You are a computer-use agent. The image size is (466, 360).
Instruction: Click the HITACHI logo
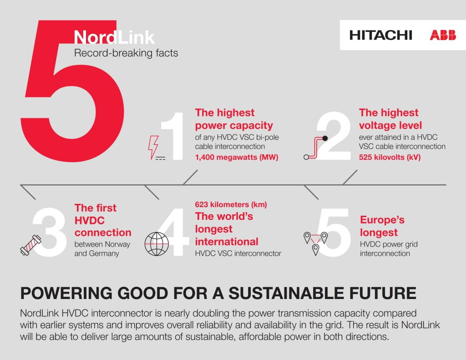[381, 35]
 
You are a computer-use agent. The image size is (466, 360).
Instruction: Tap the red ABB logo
[443, 35]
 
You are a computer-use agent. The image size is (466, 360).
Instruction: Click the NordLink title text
[114, 37]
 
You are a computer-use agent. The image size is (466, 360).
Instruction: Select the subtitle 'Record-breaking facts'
[126, 53]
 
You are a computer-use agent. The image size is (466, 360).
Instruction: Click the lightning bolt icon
[153, 147]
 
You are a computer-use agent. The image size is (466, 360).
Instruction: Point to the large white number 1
[173, 137]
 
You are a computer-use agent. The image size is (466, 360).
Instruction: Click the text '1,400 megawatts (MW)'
[237, 157]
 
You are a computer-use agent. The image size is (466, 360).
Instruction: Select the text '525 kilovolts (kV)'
[390, 157]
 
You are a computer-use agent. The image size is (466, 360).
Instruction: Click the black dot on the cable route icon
[325, 138]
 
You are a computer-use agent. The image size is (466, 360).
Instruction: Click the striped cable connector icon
[30, 245]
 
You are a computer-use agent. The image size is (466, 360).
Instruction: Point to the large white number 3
[50, 232]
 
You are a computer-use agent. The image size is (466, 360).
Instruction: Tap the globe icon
[157, 244]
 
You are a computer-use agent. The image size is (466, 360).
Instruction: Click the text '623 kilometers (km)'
[231, 204]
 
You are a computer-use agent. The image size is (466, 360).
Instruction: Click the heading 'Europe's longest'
[382, 226]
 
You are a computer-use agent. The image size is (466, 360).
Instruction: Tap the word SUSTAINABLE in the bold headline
[287, 293]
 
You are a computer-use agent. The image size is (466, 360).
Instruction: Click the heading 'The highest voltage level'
[390, 119]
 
